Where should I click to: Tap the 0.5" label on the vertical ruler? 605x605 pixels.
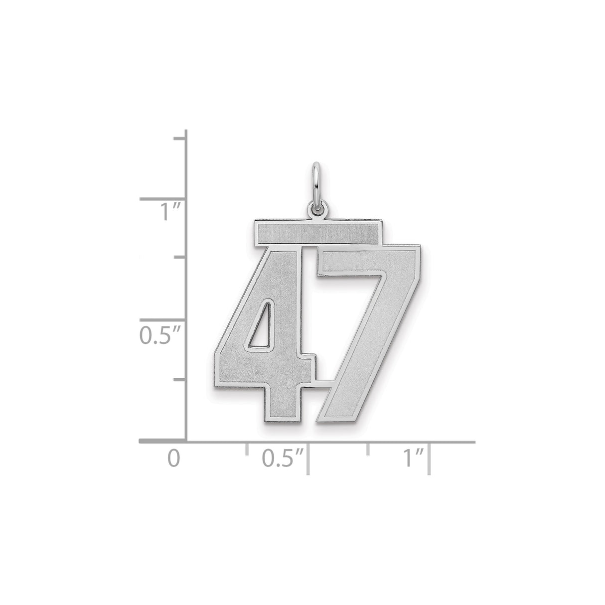tap(155, 335)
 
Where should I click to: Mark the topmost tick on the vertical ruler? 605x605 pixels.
tap(179, 138)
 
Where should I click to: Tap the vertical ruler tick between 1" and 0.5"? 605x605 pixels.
tap(179, 257)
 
